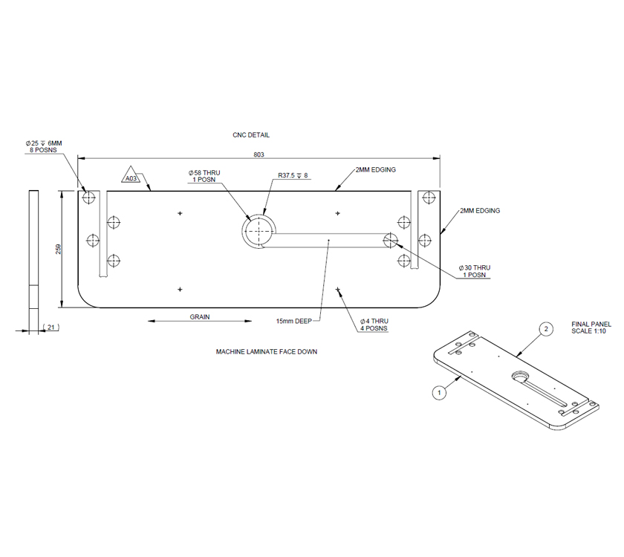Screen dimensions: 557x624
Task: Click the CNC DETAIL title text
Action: click(x=251, y=135)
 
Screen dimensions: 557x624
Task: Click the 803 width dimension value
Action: click(x=259, y=154)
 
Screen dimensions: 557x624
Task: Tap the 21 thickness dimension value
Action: click(x=51, y=327)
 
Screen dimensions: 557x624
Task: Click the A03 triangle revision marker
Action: click(x=131, y=177)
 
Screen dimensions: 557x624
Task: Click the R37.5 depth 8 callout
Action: click(x=293, y=176)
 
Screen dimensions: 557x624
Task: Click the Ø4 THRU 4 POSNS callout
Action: click(x=369, y=324)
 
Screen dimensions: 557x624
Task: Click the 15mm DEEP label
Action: click(x=293, y=321)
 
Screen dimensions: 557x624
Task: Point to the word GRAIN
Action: click(x=200, y=317)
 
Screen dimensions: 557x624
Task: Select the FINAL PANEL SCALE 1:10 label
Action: click(x=591, y=328)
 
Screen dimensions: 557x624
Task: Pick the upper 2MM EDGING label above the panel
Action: click(x=375, y=169)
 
